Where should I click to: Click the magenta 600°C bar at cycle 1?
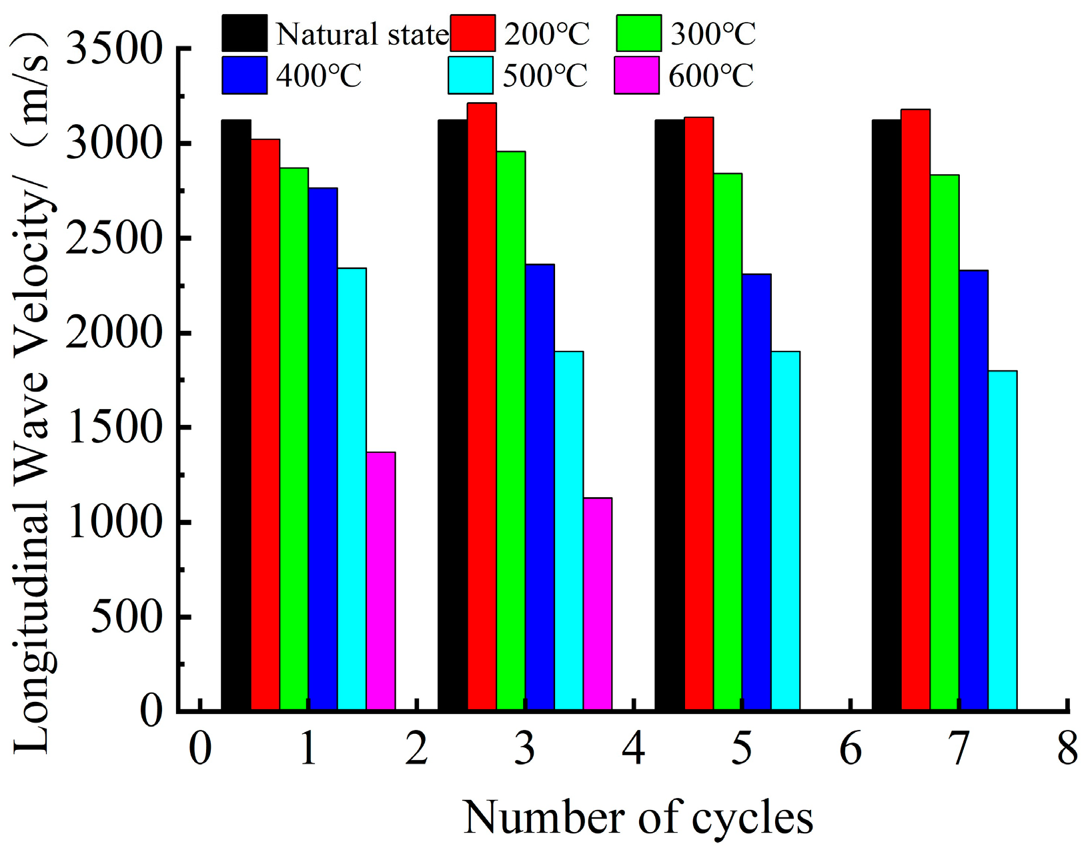[x=380, y=580]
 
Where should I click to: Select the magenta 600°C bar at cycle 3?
[x=598, y=603]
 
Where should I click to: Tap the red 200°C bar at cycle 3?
[x=482, y=406]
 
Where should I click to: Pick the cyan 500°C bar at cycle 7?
[x=1002, y=540]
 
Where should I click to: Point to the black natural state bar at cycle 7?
[x=886, y=414]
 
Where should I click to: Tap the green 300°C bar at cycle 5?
[x=728, y=441]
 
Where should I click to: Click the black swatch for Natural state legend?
[x=245, y=33]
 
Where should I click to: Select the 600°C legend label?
[x=710, y=76]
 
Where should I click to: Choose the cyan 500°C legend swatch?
[x=470, y=75]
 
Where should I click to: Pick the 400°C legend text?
[x=318, y=76]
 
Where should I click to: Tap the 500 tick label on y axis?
[x=127, y=617]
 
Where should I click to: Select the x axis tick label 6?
[x=850, y=749]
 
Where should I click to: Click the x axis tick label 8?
[x=1067, y=749]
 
